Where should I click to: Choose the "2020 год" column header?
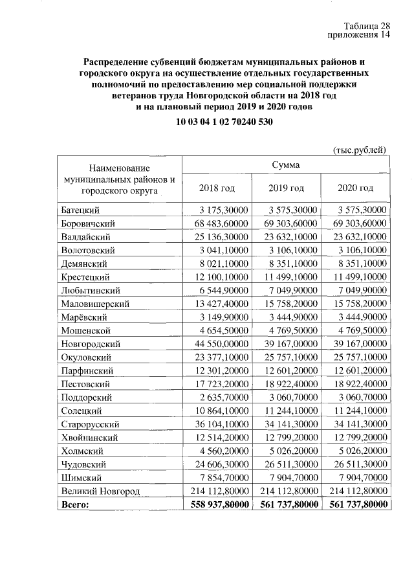tap(355, 188)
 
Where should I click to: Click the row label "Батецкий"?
tap(81, 210)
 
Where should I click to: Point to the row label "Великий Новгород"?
tap(100, 491)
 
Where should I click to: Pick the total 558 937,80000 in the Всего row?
tap(217, 504)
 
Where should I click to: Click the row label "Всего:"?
tap(75, 504)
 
